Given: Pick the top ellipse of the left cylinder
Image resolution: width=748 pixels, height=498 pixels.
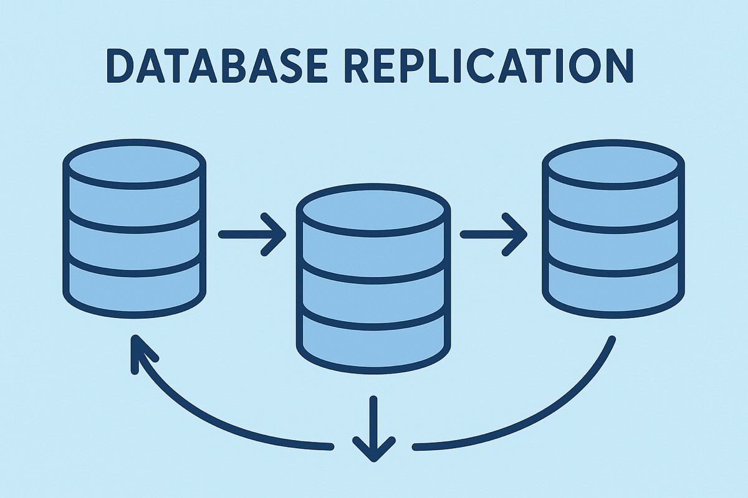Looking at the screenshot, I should click(x=135, y=162).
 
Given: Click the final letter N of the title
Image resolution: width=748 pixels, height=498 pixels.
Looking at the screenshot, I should click(x=617, y=65).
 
